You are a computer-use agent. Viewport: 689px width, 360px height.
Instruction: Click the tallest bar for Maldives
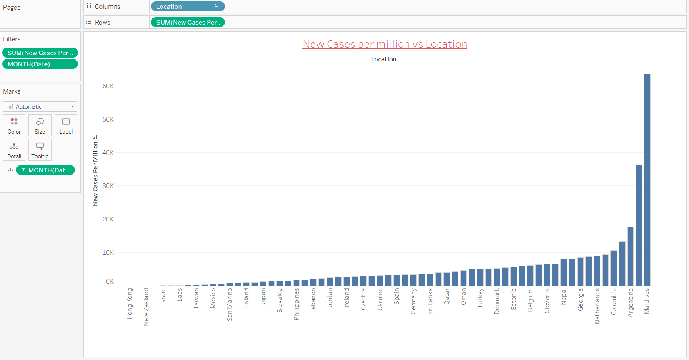(647, 180)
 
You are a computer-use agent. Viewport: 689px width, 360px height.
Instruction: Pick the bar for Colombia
(613, 268)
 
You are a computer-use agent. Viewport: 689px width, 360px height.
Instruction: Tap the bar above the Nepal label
(563, 272)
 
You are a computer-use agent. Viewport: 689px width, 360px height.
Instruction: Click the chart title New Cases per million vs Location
(385, 44)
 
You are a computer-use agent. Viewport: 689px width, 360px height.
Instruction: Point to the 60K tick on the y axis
(108, 86)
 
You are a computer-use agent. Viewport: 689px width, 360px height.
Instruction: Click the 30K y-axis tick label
(108, 186)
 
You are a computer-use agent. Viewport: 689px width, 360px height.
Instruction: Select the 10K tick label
(108, 253)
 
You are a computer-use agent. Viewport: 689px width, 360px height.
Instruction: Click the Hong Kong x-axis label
(129, 304)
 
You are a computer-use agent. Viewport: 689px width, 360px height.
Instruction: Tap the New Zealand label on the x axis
(146, 307)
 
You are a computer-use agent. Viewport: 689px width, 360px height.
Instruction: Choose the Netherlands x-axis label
(597, 306)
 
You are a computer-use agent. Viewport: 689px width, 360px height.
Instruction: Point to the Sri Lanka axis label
(430, 301)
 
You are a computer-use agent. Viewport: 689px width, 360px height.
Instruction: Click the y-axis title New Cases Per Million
(95, 174)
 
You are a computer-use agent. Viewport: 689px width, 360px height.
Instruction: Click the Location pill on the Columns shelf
(187, 7)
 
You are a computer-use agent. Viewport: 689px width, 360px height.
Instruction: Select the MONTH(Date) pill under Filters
(40, 64)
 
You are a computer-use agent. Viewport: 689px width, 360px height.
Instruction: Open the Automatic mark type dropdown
(40, 106)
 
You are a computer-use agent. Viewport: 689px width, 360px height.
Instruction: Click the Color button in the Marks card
(14, 125)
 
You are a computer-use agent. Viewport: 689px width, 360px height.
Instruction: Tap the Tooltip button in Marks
(40, 150)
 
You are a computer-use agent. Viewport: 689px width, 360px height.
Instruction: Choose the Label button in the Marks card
(66, 125)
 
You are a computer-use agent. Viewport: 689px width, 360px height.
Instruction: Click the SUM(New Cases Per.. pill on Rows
(187, 23)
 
